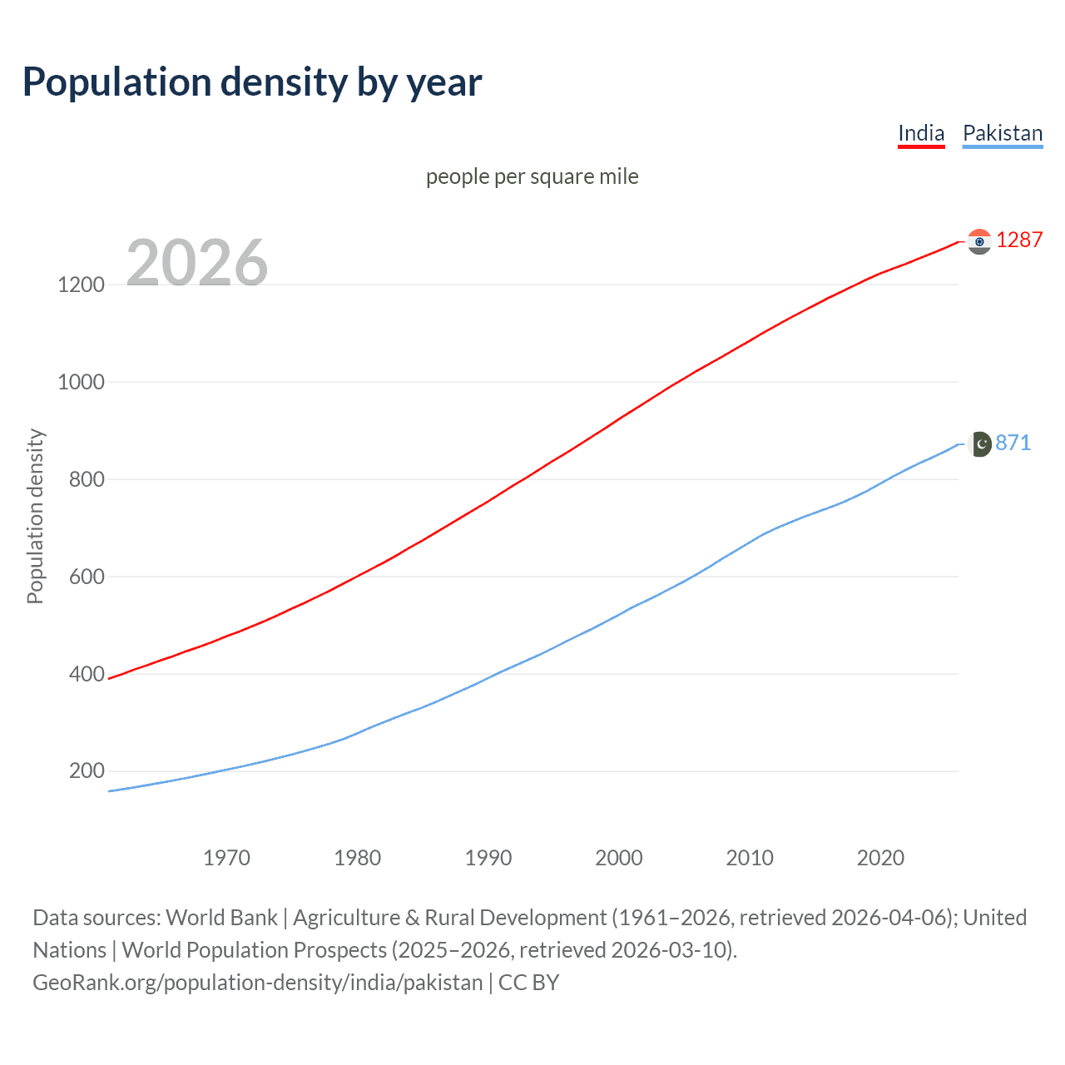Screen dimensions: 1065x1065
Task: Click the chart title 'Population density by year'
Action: coord(252,82)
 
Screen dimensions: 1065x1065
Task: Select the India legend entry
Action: coord(921,133)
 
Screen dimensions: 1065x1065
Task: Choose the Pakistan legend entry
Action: coord(1002,133)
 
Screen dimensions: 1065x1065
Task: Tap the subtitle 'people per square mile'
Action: coord(532,176)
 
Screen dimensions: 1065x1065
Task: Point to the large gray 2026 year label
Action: coord(197,263)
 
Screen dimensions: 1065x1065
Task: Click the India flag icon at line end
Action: coord(979,241)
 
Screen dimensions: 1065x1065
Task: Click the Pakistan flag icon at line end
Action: coord(980,444)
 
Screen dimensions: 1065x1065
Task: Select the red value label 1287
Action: coord(1018,240)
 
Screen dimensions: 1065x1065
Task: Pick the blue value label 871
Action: coord(1013,443)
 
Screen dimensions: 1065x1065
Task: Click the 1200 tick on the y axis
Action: coord(81,285)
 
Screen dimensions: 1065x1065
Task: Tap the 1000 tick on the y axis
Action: coord(81,382)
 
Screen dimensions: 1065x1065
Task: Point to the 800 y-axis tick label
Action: coord(87,479)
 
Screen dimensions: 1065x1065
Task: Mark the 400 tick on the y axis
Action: coord(87,674)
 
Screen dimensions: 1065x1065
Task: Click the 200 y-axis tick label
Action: coord(87,771)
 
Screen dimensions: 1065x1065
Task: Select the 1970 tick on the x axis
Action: coord(226,858)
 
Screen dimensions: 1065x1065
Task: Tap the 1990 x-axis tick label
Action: coord(488,858)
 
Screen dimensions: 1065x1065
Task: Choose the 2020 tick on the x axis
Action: coord(880,858)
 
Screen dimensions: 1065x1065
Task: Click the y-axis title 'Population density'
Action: coord(35,516)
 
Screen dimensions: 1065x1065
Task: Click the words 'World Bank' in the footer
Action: coord(221,918)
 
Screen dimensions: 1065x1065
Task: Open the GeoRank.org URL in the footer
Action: coord(258,983)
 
